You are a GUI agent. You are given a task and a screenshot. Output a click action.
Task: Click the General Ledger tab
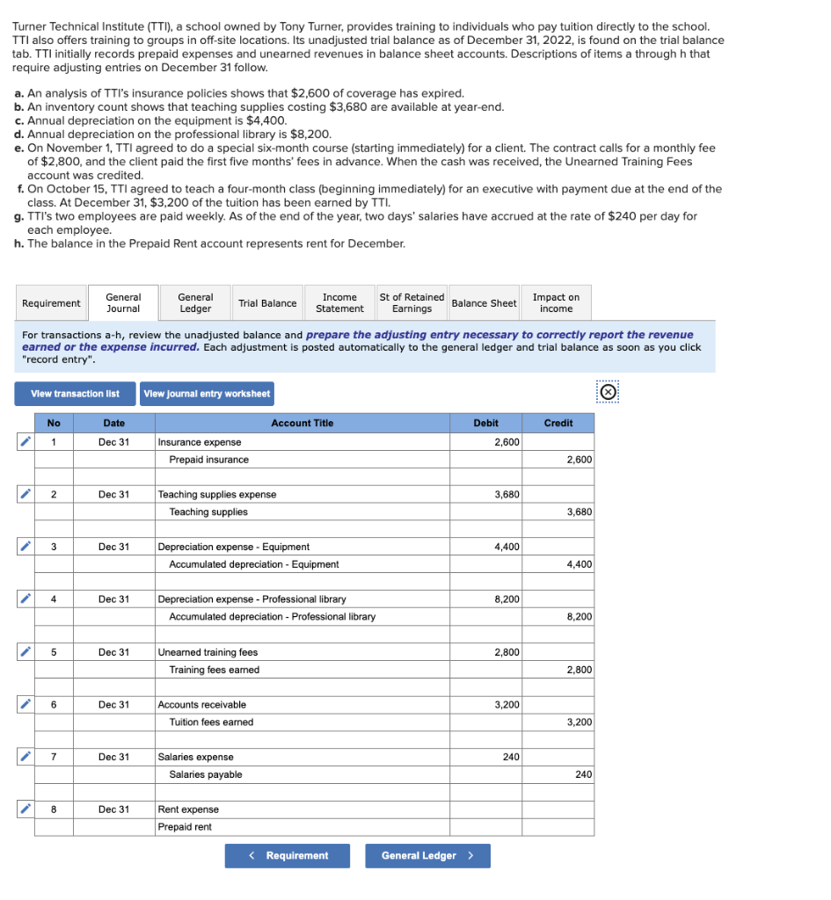click(194, 303)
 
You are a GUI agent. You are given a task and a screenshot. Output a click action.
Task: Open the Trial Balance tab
click(267, 303)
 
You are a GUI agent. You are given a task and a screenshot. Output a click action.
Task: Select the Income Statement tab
click(339, 303)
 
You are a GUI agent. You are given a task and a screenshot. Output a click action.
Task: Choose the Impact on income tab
click(556, 303)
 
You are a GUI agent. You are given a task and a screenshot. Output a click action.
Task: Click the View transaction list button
click(75, 394)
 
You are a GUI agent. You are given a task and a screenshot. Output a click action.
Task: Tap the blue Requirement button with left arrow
click(287, 856)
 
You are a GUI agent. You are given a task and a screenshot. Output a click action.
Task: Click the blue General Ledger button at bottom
click(427, 856)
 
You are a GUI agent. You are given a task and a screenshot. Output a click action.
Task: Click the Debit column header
click(486, 423)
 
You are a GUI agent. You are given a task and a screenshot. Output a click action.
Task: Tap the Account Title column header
click(302, 423)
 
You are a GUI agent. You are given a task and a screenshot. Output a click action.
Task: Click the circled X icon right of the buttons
click(607, 392)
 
